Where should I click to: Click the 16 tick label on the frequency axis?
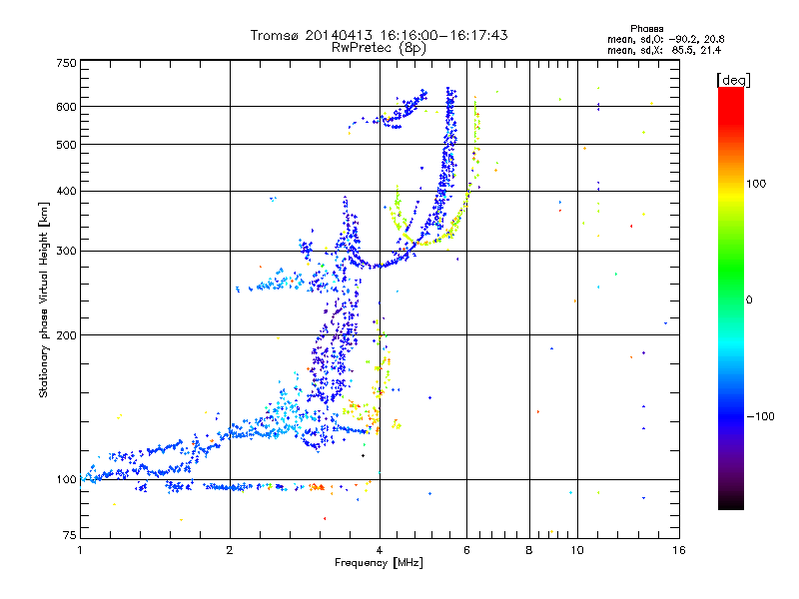click(x=678, y=550)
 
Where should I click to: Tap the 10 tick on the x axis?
click(x=577, y=550)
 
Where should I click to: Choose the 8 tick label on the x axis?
click(x=529, y=550)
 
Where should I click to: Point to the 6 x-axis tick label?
click(x=466, y=550)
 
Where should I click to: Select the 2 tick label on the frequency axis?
click(x=230, y=550)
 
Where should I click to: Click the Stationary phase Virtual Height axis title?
click(x=44, y=299)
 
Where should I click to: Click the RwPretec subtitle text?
click(x=364, y=47)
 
